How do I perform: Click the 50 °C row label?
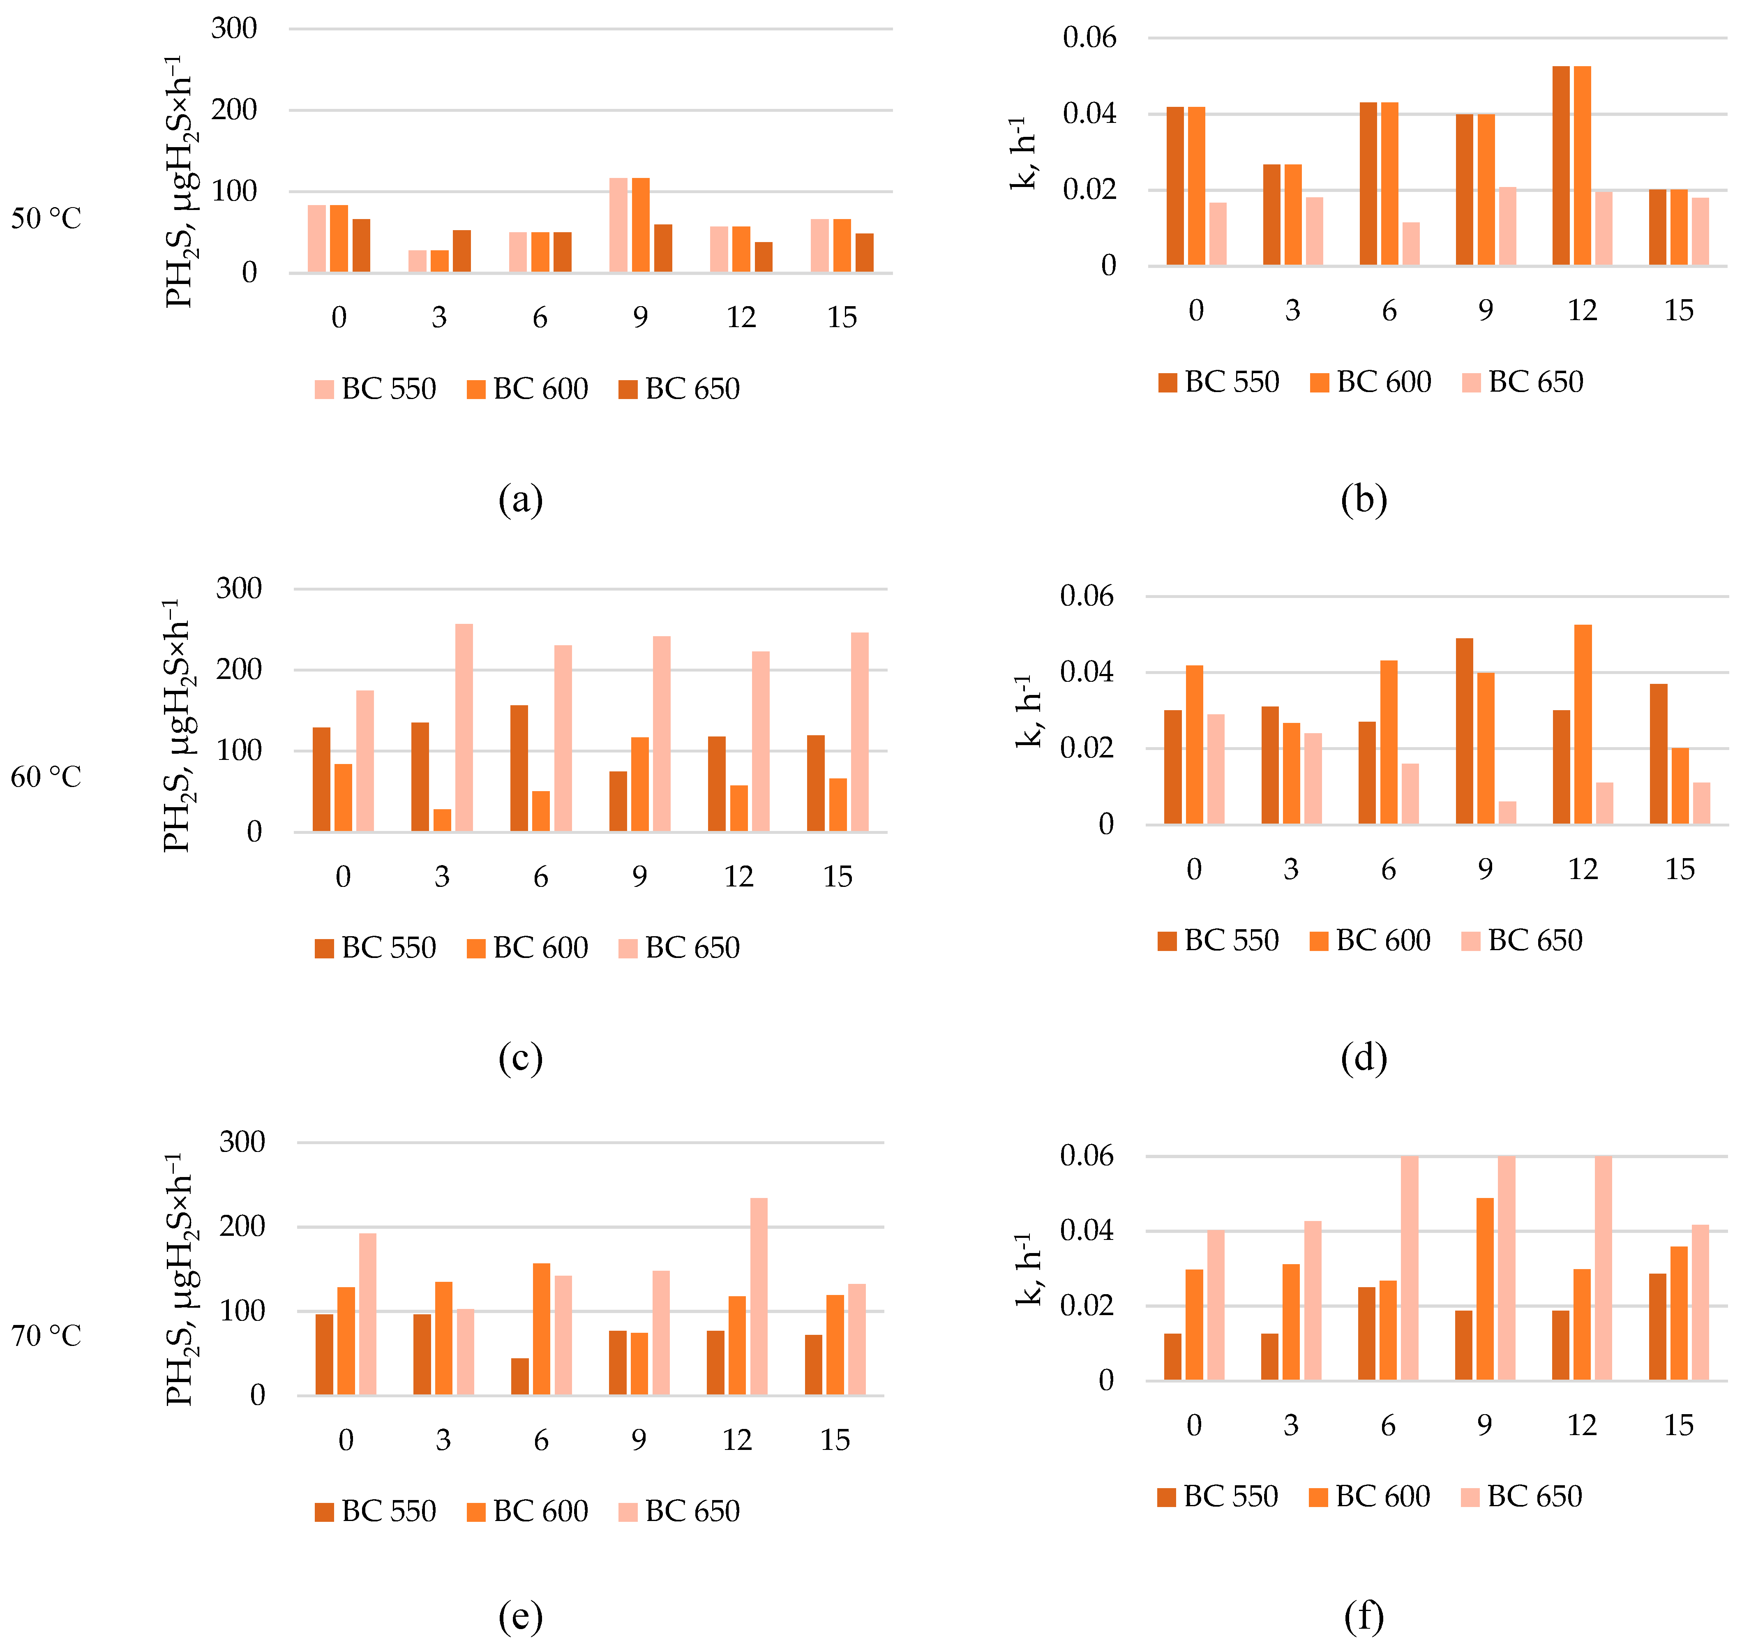pyautogui.click(x=46, y=219)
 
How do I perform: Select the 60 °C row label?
pyautogui.click(x=46, y=777)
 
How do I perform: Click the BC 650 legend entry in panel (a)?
pyautogui.click(x=679, y=388)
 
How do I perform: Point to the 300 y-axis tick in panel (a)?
pyautogui.click(x=234, y=28)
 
